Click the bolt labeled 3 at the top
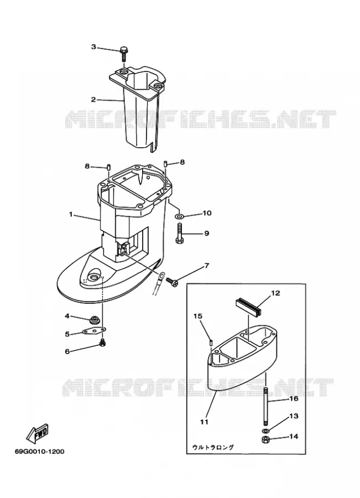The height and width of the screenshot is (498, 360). [x=124, y=54]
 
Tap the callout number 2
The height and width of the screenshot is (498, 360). [x=93, y=100]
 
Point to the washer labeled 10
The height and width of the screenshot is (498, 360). [x=179, y=216]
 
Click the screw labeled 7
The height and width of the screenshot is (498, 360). [x=172, y=281]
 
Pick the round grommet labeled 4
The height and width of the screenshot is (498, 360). [x=94, y=319]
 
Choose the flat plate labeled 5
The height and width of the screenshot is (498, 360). [x=94, y=331]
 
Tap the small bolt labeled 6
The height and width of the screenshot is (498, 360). [x=102, y=343]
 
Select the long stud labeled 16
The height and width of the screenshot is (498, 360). [x=265, y=406]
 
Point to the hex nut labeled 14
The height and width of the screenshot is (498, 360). [x=265, y=440]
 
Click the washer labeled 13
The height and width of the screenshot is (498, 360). [x=265, y=430]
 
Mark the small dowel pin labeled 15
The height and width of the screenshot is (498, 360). [x=211, y=342]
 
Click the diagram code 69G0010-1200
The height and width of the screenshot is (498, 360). [x=39, y=451]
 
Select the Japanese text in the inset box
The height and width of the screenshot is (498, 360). [x=213, y=447]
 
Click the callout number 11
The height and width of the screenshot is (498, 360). [x=204, y=422]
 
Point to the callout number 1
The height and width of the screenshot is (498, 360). [x=71, y=214]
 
